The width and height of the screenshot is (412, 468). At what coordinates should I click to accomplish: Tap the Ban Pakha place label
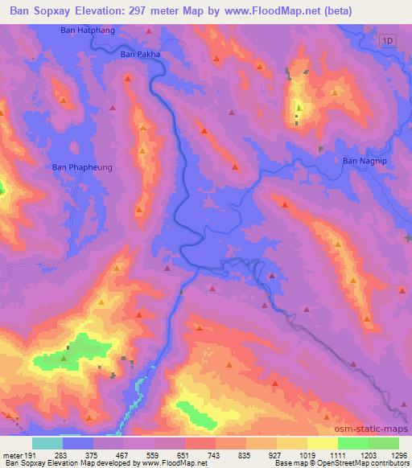click(x=140, y=55)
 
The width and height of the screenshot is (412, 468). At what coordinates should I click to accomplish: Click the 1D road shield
click(x=389, y=40)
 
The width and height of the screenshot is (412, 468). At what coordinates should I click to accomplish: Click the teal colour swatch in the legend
click(x=47, y=443)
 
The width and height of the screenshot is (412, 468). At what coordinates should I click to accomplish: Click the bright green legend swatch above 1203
click(x=352, y=443)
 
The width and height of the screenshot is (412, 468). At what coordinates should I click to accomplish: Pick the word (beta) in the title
click(x=354, y=10)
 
